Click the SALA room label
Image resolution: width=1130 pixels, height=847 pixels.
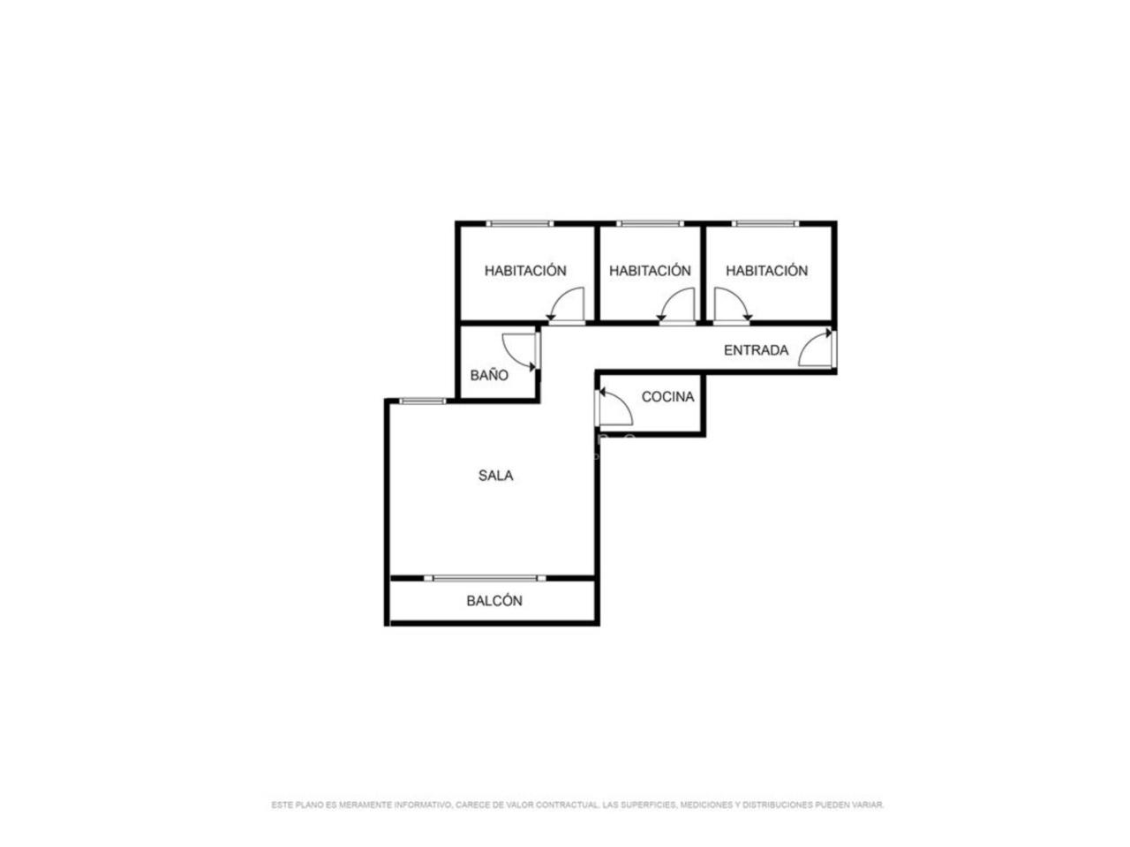click(x=495, y=476)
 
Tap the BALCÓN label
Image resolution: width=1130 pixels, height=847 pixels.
click(x=494, y=601)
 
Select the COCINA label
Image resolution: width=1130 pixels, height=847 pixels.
click(x=667, y=396)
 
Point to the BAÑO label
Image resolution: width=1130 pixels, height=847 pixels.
click(x=489, y=375)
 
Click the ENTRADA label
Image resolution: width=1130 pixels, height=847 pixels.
click(x=756, y=350)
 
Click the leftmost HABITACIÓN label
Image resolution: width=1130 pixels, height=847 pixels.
click(x=525, y=271)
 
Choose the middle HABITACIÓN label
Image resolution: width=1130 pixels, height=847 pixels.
click(x=650, y=271)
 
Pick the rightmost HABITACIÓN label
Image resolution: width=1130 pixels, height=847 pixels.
click(x=766, y=271)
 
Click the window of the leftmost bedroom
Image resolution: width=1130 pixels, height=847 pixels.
click(x=519, y=224)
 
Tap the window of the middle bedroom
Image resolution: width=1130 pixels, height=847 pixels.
click(x=651, y=224)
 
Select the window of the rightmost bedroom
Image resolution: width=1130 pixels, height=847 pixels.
click(x=765, y=224)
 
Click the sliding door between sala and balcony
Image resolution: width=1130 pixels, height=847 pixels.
click(x=485, y=578)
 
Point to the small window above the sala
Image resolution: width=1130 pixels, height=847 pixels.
click(x=423, y=401)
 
